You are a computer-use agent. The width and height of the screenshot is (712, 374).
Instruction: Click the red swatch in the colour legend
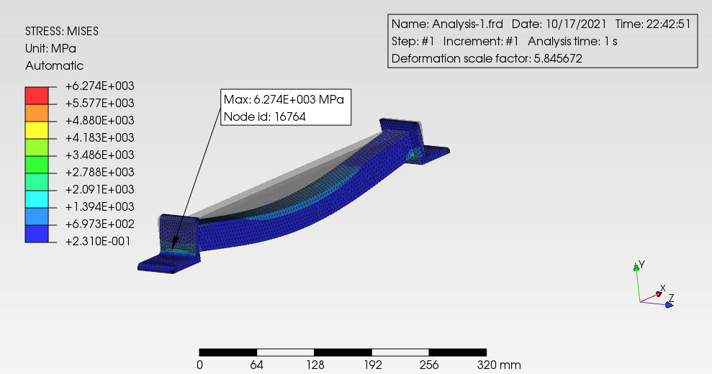pos(37,96)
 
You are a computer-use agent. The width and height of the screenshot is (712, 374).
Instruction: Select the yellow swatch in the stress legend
pos(37,129)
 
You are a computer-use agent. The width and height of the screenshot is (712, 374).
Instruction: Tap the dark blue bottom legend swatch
pos(37,234)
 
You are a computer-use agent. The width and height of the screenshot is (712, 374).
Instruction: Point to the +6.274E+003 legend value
pos(100,86)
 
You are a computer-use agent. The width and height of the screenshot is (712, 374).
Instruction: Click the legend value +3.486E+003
pos(100,155)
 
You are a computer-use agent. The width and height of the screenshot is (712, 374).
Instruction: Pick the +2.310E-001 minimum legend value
pos(98,241)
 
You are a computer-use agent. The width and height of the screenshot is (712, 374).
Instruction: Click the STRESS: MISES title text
pos(62,32)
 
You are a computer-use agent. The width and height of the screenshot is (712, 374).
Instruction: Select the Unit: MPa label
pos(51,49)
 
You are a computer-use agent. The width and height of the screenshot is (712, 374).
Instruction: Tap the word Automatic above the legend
pos(55,66)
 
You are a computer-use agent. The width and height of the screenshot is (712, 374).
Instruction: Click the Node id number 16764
pos(290,117)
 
